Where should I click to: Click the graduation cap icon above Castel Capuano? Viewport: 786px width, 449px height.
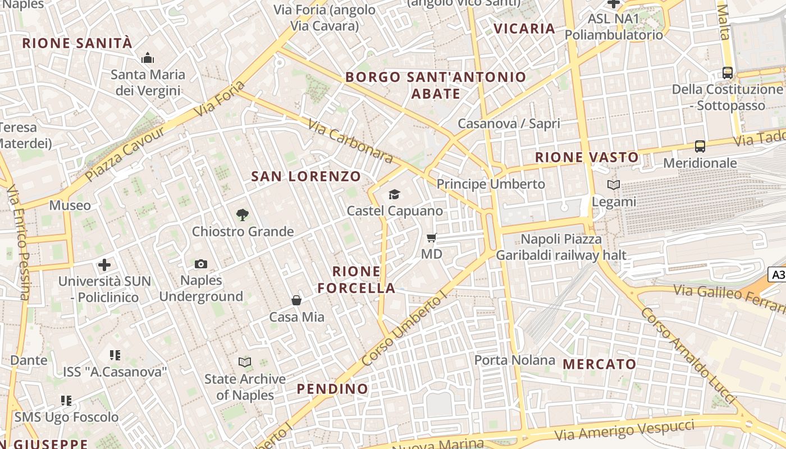395,195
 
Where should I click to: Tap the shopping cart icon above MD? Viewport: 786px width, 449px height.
431,238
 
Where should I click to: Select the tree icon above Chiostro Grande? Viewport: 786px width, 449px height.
243,214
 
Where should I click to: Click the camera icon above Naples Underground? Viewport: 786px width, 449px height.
200,264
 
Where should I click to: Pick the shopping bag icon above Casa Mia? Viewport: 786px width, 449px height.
296,301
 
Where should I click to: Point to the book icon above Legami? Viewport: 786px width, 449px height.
614,185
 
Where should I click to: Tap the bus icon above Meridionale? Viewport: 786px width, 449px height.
700,146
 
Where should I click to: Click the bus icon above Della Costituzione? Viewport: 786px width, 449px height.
728,72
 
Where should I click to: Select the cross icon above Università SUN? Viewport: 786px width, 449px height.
104,265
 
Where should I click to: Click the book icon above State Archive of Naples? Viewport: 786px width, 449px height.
245,362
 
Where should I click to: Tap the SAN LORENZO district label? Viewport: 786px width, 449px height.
306,176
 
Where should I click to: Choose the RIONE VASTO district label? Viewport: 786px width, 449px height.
587,158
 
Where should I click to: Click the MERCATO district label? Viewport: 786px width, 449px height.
599,364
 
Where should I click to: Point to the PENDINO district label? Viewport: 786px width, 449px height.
332,389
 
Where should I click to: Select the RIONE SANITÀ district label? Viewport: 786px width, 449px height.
77,43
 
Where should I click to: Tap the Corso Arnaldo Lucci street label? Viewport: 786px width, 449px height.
688,354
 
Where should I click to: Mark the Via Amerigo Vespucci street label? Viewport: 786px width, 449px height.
624,431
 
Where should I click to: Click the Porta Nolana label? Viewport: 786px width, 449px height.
515,360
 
